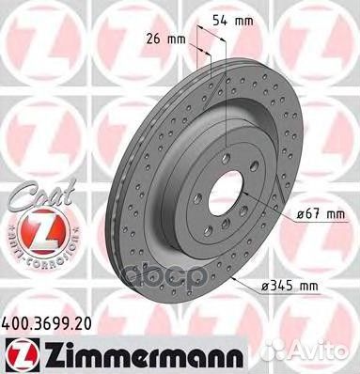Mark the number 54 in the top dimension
210,19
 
